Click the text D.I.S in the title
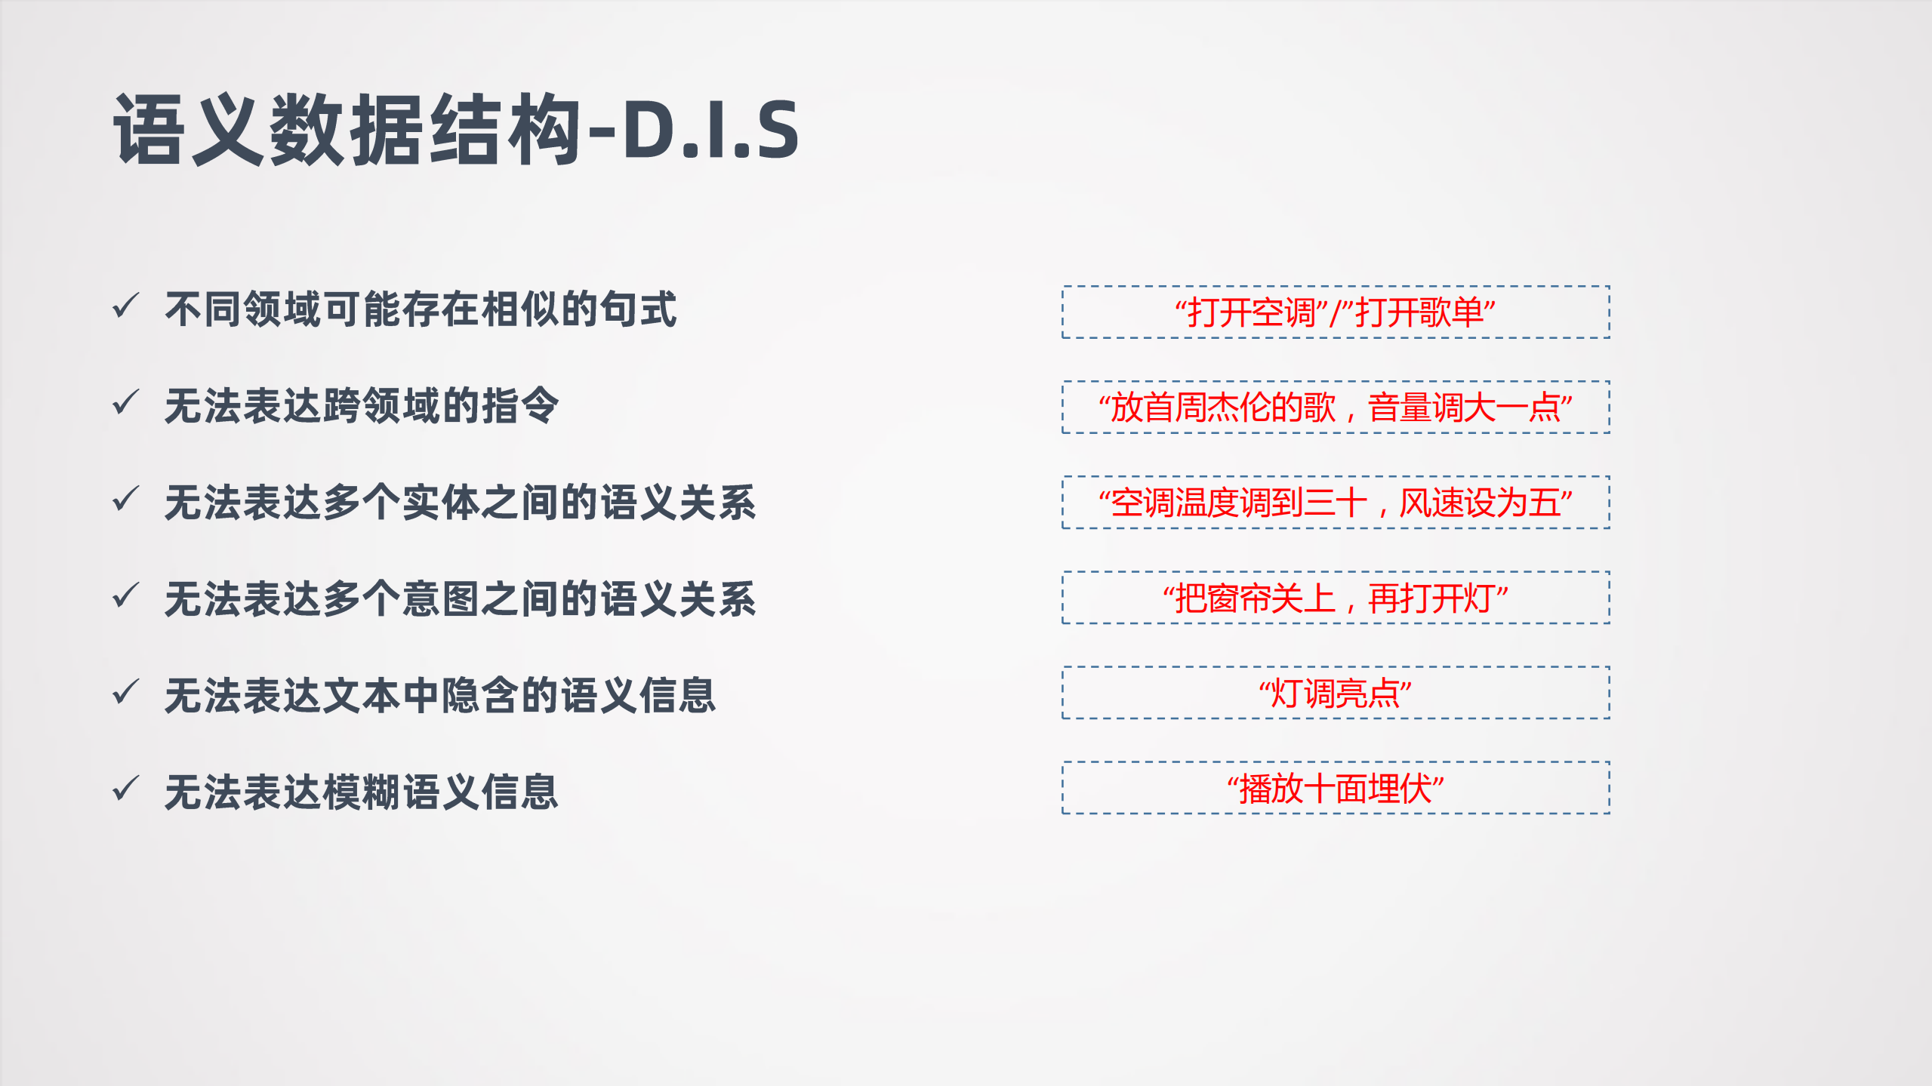(710, 130)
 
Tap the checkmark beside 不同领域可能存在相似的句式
(125, 306)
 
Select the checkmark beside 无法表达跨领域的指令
(125, 402)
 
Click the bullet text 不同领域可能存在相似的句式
(421, 309)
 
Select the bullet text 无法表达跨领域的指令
(362, 406)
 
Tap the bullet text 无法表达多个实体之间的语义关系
(460, 503)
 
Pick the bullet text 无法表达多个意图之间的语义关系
(460, 599)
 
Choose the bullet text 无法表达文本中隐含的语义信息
(440, 695)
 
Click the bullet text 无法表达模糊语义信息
(362, 792)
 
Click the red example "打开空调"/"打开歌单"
(1335, 312)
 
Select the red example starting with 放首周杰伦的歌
(1335, 408)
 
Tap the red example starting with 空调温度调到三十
(1335, 503)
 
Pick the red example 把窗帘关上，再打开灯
(1335, 598)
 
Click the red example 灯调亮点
(1335, 694)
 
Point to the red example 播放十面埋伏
(1335, 789)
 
